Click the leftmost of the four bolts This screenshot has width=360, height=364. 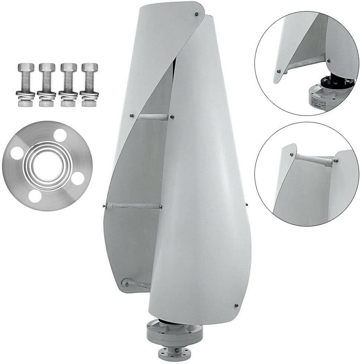[26, 85]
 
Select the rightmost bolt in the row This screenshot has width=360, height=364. [90, 85]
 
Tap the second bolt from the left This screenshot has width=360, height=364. [47, 85]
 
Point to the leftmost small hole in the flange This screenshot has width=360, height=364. [16, 152]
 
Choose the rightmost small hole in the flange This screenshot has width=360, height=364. [77, 178]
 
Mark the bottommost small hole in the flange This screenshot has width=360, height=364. [35, 196]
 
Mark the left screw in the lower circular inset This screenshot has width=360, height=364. [292, 155]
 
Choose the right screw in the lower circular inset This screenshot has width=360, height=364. [336, 161]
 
